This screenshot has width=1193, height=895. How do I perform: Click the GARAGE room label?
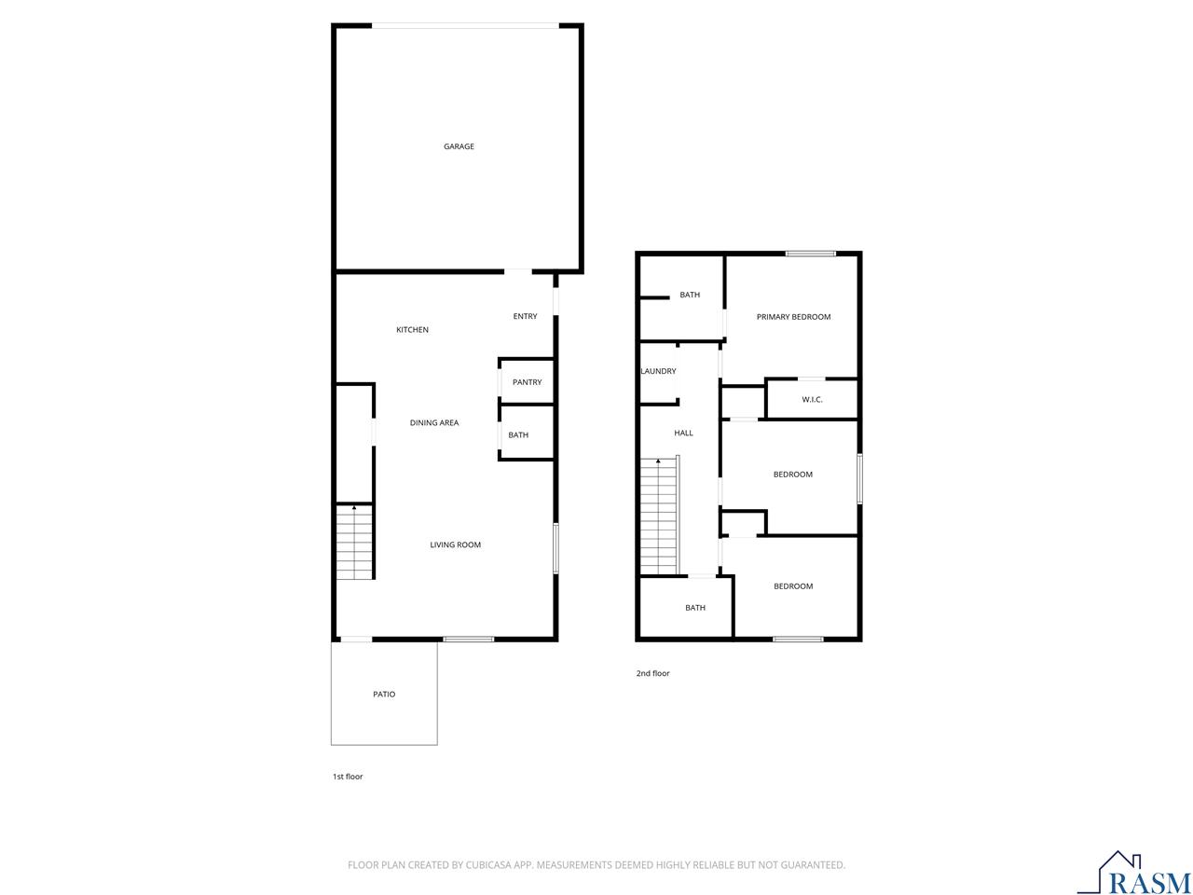(459, 146)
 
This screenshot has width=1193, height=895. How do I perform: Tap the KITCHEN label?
(412, 330)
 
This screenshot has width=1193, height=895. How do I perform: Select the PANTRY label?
(527, 382)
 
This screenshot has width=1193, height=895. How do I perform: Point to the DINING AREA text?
(434, 423)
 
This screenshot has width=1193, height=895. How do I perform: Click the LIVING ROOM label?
(455, 544)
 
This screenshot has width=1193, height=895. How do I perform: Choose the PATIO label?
(384, 695)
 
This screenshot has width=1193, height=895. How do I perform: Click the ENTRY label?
(525, 317)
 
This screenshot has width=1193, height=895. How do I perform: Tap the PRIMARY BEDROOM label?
(793, 317)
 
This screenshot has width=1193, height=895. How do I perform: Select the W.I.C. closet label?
(812, 400)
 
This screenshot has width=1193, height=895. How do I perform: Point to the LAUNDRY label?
(658, 371)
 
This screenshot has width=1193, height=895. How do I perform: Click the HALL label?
(683, 433)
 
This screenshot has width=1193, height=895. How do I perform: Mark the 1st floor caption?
(348, 777)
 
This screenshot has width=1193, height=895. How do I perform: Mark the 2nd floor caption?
(652, 673)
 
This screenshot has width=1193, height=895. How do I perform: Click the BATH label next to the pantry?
(518, 435)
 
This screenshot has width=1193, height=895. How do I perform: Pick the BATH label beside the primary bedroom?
(690, 296)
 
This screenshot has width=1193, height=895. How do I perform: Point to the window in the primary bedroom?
(810, 254)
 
